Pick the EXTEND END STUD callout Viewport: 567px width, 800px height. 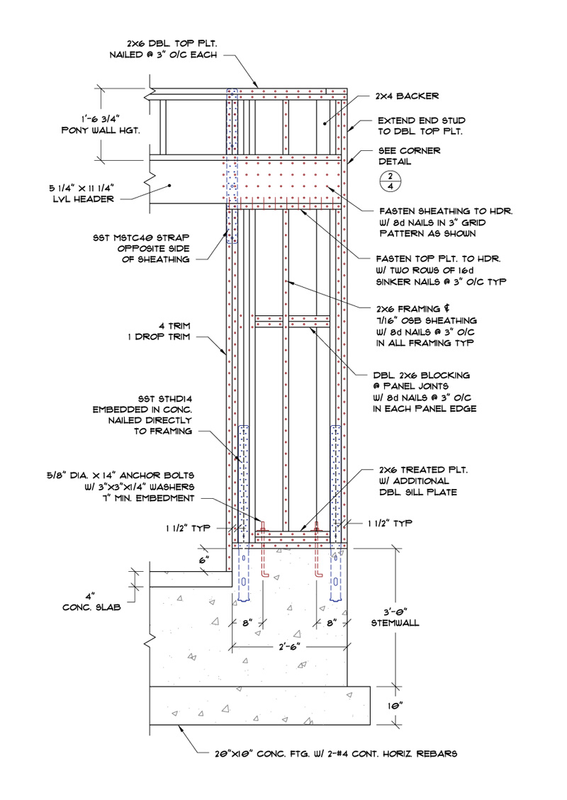click(418, 127)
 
